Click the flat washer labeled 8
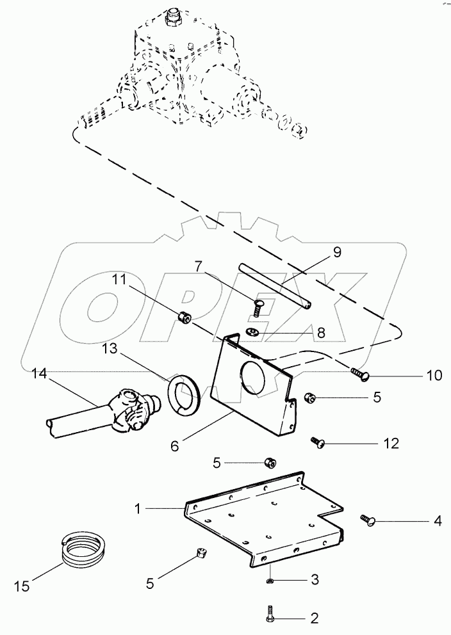tap(253, 332)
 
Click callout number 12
tap(390, 443)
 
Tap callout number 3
tap(314, 580)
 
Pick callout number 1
tap(137, 508)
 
